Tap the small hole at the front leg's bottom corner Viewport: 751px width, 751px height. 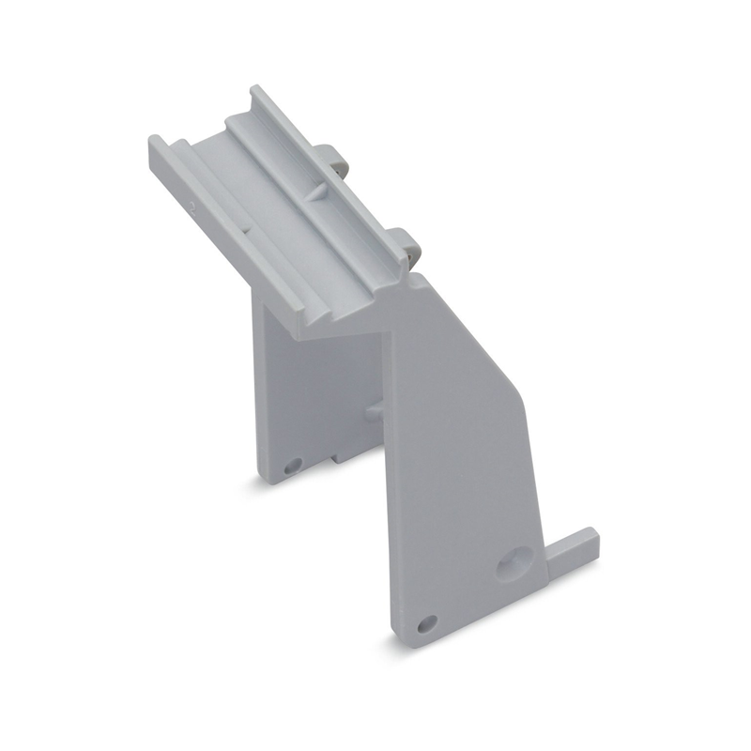[x=430, y=621]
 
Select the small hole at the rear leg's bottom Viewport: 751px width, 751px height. [x=291, y=464]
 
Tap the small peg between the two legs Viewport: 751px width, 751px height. [x=373, y=410]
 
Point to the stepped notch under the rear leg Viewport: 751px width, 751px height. [x=333, y=458]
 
